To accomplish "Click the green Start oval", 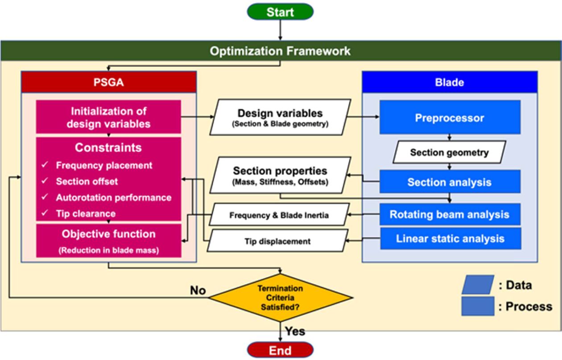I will [280, 12].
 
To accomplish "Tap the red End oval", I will [280, 350].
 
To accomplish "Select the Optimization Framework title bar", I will [280, 51].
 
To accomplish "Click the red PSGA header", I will [109, 82].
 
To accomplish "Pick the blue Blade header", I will [450, 82].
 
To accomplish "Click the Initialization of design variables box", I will [108, 117].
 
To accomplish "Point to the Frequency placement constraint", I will [104, 166].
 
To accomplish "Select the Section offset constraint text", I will [87, 182].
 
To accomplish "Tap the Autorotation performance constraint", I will [113, 198].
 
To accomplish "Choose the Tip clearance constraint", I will [86, 214].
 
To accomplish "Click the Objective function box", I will [108, 241].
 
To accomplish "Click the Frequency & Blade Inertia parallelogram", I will [279, 215].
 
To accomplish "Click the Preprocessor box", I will [450, 118].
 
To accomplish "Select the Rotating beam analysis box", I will [450, 215].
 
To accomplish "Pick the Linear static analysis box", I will [450, 239].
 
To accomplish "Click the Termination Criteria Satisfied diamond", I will [281, 297].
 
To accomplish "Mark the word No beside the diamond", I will [198, 290].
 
